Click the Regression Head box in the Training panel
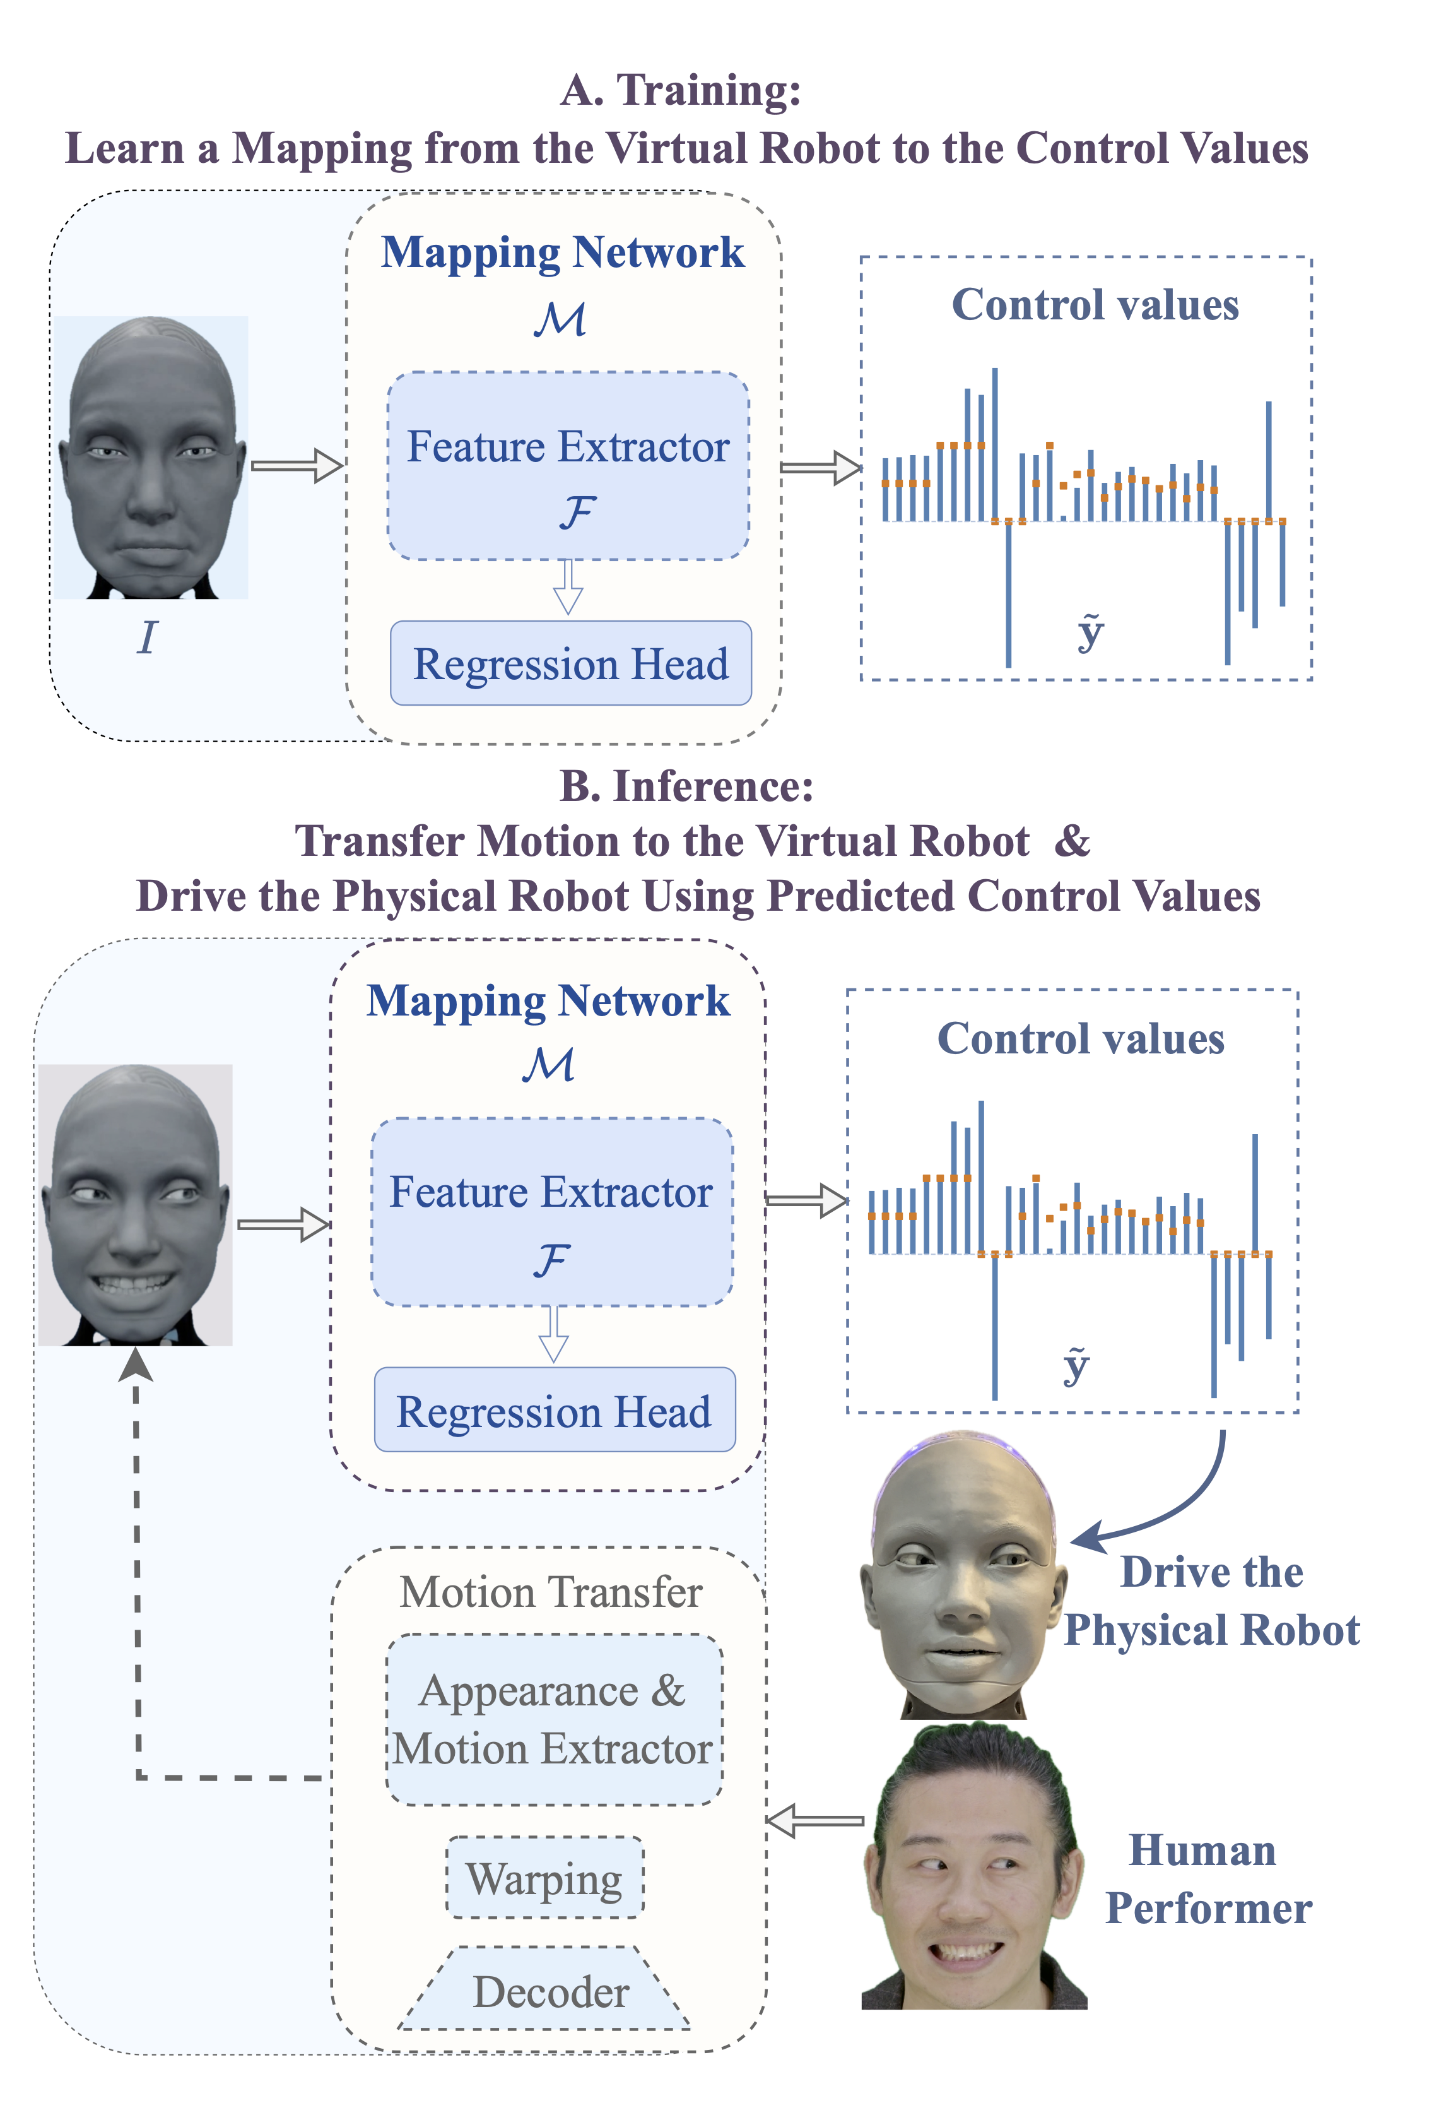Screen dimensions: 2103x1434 click(570, 663)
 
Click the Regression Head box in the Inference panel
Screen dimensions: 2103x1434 click(554, 1411)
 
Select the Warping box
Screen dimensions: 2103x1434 click(544, 1878)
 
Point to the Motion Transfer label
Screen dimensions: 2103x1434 click(551, 1592)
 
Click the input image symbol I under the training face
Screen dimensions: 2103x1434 click(146, 638)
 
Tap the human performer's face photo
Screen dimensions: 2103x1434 click(973, 1869)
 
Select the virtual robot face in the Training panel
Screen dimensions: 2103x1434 click(150, 457)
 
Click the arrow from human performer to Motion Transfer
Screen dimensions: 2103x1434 click(814, 1820)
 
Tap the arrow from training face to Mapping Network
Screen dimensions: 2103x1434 click(297, 465)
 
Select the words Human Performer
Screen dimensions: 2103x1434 click(1206, 1878)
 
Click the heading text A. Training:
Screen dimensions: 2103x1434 click(680, 90)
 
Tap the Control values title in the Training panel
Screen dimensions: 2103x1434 click(1095, 305)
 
